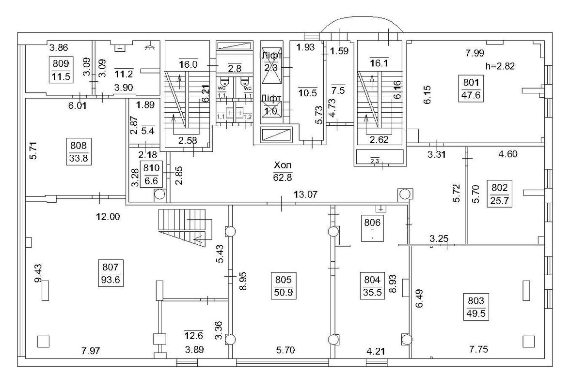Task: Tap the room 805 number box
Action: click(x=284, y=285)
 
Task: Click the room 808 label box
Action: click(x=79, y=151)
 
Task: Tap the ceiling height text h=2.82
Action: click(x=500, y=66)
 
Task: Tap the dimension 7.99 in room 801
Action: click(x=475, y=54)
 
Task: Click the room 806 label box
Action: click(x=373, y=228)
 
